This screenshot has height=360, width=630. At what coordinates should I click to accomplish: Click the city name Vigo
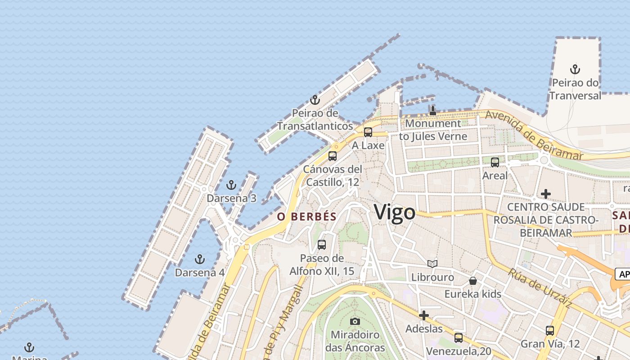pos(395,212)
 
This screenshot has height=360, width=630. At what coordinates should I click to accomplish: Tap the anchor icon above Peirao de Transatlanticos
pos(315,100)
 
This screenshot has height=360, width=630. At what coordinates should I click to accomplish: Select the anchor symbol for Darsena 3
pos(231,185)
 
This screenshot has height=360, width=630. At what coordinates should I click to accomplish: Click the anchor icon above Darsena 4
pos(199,259)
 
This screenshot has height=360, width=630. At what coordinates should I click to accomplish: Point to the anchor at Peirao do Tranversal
pos(575,69)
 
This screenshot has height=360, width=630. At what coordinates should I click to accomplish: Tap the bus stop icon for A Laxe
pos(368,132)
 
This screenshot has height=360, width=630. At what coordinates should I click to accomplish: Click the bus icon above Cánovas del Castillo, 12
pos(333,156)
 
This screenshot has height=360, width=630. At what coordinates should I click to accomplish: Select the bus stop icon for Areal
pos(495,162)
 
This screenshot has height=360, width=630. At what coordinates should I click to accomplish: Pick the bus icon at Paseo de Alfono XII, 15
pos(322,245)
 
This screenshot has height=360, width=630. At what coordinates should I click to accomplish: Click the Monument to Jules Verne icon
pos(433,110)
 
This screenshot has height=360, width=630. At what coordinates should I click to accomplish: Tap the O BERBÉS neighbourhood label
pos(307,216)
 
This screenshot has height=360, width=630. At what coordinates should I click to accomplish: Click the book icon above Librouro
pos(432,264)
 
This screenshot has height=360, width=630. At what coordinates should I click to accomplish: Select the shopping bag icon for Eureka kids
pos(473,281)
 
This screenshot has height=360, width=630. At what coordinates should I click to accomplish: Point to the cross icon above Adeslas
pos(424,315)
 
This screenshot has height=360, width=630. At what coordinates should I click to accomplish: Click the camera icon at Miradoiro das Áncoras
pos(355,321)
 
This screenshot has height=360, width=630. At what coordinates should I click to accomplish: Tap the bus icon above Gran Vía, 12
pos(549,331)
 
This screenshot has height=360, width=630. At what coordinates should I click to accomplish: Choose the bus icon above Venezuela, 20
pos(459,337)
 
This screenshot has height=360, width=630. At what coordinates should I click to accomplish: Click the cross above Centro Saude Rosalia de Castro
pos(546,194)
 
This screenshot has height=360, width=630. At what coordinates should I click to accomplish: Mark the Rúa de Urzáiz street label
pos(540,288)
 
